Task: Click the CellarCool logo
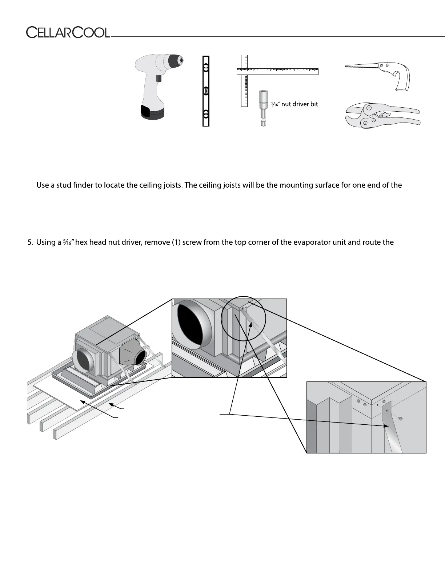68,33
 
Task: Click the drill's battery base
152,112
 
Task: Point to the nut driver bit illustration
263,108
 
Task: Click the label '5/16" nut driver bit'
294,104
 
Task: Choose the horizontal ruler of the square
277,71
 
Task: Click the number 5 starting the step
30,242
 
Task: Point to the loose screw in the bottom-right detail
401,419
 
